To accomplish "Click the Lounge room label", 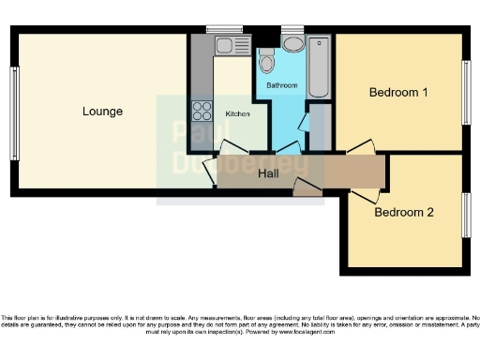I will click(102, 112).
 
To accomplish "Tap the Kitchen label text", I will click(238, 113).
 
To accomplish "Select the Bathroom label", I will click(281, 85).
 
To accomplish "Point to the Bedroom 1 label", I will click(398, 92).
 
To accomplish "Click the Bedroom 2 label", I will click(404, 212).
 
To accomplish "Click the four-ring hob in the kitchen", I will click(202, 111).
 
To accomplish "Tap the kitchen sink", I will click(224, 45).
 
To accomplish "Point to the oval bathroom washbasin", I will click(292, 44).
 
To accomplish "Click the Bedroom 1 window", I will click(465, 92).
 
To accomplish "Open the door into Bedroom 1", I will click(361, 147).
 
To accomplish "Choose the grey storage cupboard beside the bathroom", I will click(321, 127).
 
